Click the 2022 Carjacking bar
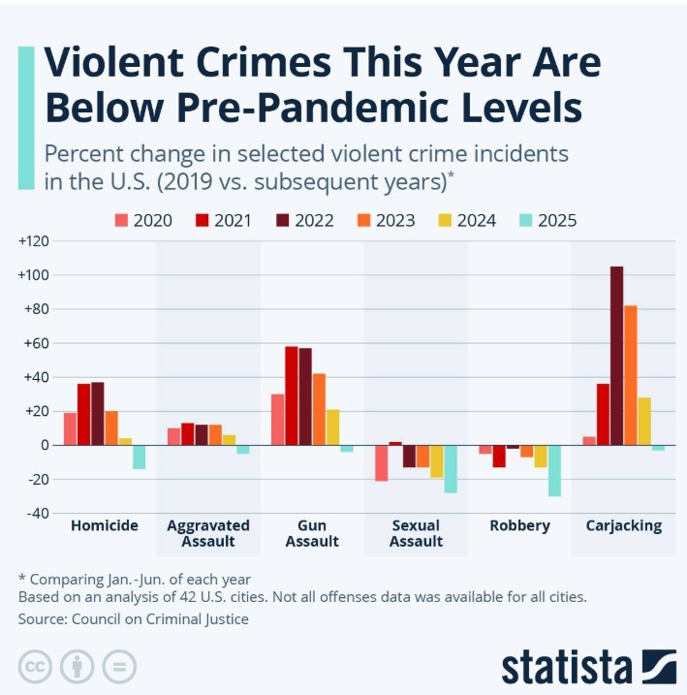coord(617,356)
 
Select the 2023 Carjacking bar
coord(631,375)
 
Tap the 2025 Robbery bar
coord(554,470)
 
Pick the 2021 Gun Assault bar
coord(292,395)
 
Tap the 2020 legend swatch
coord(121,220)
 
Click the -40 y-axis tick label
coord(35,514)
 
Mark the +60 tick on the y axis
coord(35,343)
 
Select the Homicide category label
coord(105,525)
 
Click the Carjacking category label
coord(624,525)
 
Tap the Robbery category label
coord(520,525)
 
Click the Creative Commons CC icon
coord(35,667)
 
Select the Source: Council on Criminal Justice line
coord(134,618)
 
